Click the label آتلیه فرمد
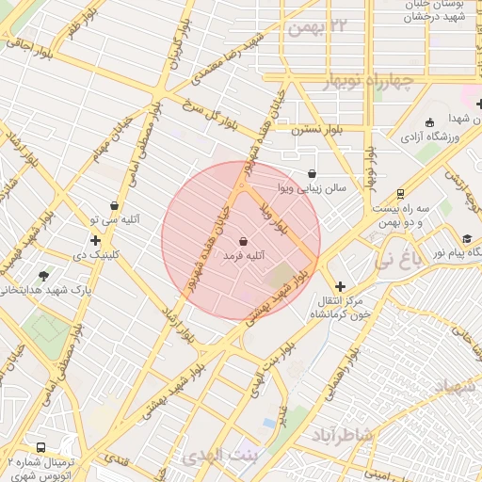(x=244, y=255)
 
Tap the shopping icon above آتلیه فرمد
(x=244, y=241)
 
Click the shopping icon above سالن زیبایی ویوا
(x=312, y=173)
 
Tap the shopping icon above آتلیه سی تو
(x=115, y=205)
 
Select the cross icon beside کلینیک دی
(x=95, y=240)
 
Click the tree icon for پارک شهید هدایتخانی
(x=43, y=276)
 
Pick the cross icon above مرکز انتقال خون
(x=340, y=285)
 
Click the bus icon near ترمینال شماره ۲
(x=41, y=447)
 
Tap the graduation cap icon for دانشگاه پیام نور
(x=468, y=239)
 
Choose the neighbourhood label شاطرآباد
(x=343, y=436)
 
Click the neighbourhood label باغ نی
(x=399, y=259)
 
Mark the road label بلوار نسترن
(x=316, y=125)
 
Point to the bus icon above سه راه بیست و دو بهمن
(x=400, y=194)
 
